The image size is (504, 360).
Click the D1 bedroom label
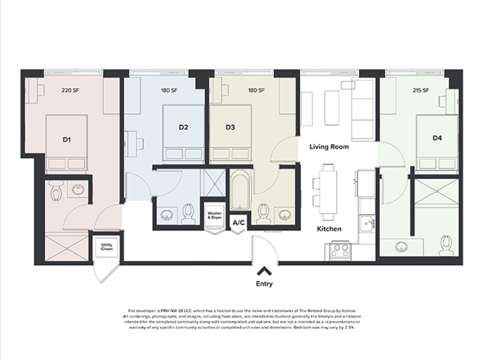[x=67, y=138]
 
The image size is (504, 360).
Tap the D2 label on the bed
[x=183, y=127]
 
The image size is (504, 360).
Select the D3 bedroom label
[x=230, y=127]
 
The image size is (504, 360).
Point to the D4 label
[x=437, y=138]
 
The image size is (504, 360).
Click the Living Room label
[x=328, y=147]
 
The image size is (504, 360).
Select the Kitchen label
[x=329, y=229]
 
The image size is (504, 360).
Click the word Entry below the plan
[x=264, y=284]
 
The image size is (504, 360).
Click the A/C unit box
[x=239, y=223]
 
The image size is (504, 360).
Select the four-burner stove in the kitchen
[x=339, y=249]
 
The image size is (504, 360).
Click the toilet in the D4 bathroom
[x=445, y=244]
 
